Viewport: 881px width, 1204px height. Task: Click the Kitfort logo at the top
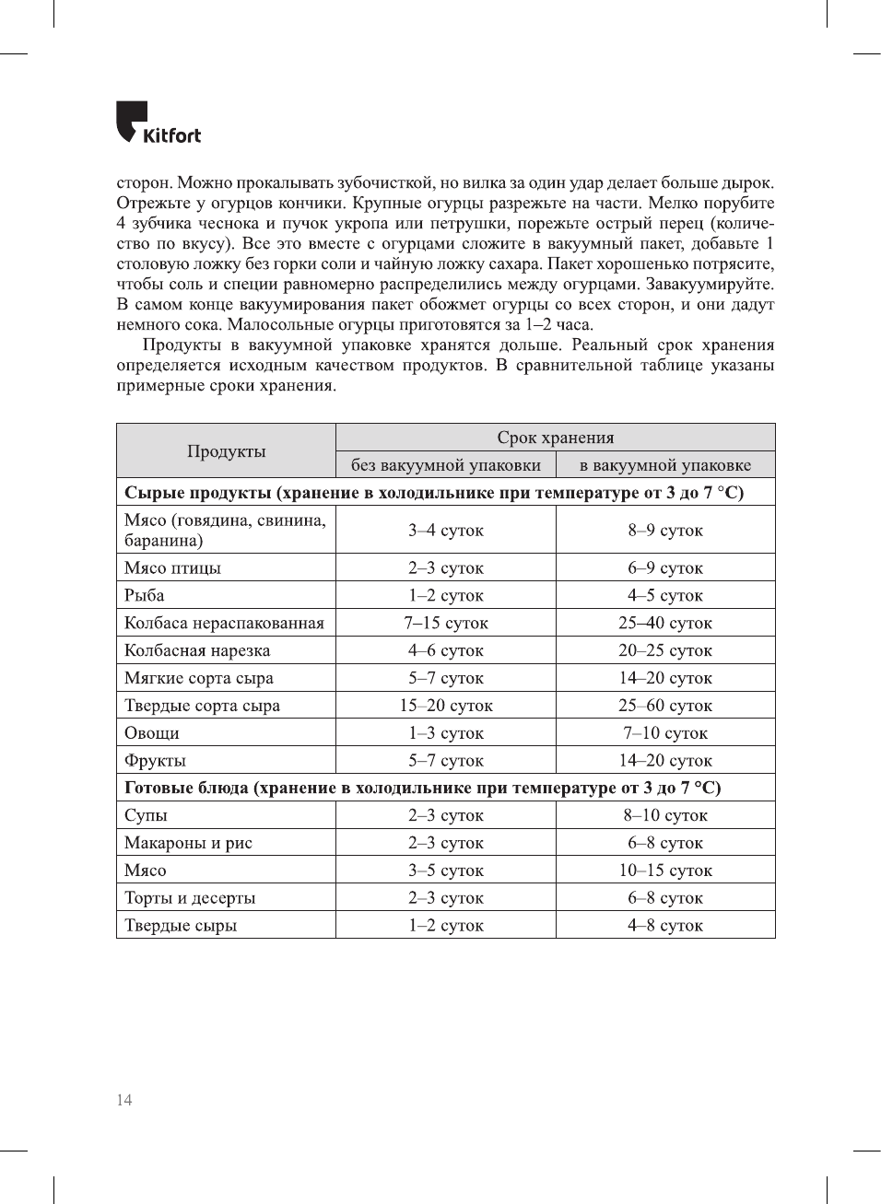point(158,123)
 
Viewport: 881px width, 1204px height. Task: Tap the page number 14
point(124,1100)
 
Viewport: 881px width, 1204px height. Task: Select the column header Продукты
point(226,451)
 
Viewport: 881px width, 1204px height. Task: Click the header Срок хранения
point(555,438)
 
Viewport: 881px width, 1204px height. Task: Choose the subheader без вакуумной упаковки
point(446,465)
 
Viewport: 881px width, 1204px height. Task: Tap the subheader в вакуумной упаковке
point(664,465)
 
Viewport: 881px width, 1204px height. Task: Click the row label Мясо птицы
point(172,568)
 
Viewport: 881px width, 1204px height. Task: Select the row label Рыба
point(145,596)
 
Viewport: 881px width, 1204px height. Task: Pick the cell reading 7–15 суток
point(446,624)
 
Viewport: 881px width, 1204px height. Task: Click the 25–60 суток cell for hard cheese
point(664,706)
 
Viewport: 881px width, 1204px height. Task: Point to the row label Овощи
point(152,733)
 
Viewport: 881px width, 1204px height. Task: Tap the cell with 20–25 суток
point(664,650)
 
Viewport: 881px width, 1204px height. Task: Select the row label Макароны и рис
point(188,843)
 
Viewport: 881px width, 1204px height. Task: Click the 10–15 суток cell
point(664,871)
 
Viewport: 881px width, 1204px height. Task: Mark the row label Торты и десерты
point(190,898)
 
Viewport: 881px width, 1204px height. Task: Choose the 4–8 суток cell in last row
point(664,926)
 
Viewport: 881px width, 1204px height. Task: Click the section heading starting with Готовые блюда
point(423,788)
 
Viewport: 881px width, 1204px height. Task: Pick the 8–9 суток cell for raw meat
point(664,531)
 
